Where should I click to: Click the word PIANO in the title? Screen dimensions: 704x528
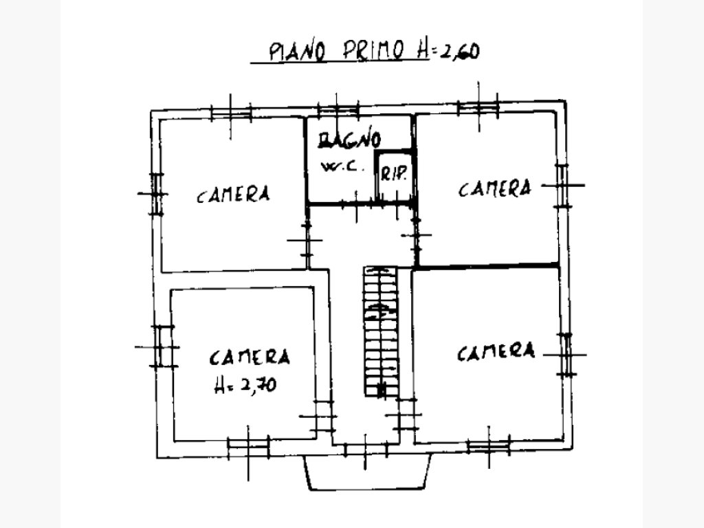pyautogui.click(x=297, y=51)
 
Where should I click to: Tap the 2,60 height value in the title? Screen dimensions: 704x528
pyautogui.click(x=459, y=51)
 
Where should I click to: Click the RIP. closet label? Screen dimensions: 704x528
pyautogui.click(x=394, y=173)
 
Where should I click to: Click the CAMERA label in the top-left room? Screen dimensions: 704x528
pyautogui.click(x=234, y=195)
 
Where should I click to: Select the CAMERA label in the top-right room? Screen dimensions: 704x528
pyautogui.click(x=494, y=189)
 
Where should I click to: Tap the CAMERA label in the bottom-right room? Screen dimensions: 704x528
pyautogui.click(x=496, y=352)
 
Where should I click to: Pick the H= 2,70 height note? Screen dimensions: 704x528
pyautogui.click(x=245, y=385)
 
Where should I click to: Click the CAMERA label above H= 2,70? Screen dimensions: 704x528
pyautogui.click(x=250, y=357)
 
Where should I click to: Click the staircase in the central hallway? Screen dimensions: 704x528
pyautogui.click(x=381, y=331)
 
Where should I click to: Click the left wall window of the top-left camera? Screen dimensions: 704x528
pyautogui.click(x=156, y=195)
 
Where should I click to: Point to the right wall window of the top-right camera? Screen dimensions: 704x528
pyautogui.click(x=562, y=186)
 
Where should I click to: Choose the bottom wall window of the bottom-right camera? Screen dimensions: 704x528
pyautogui.click(x=489, y=445)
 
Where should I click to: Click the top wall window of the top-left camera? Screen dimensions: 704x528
pyautogui.click(x=231, y=112)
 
